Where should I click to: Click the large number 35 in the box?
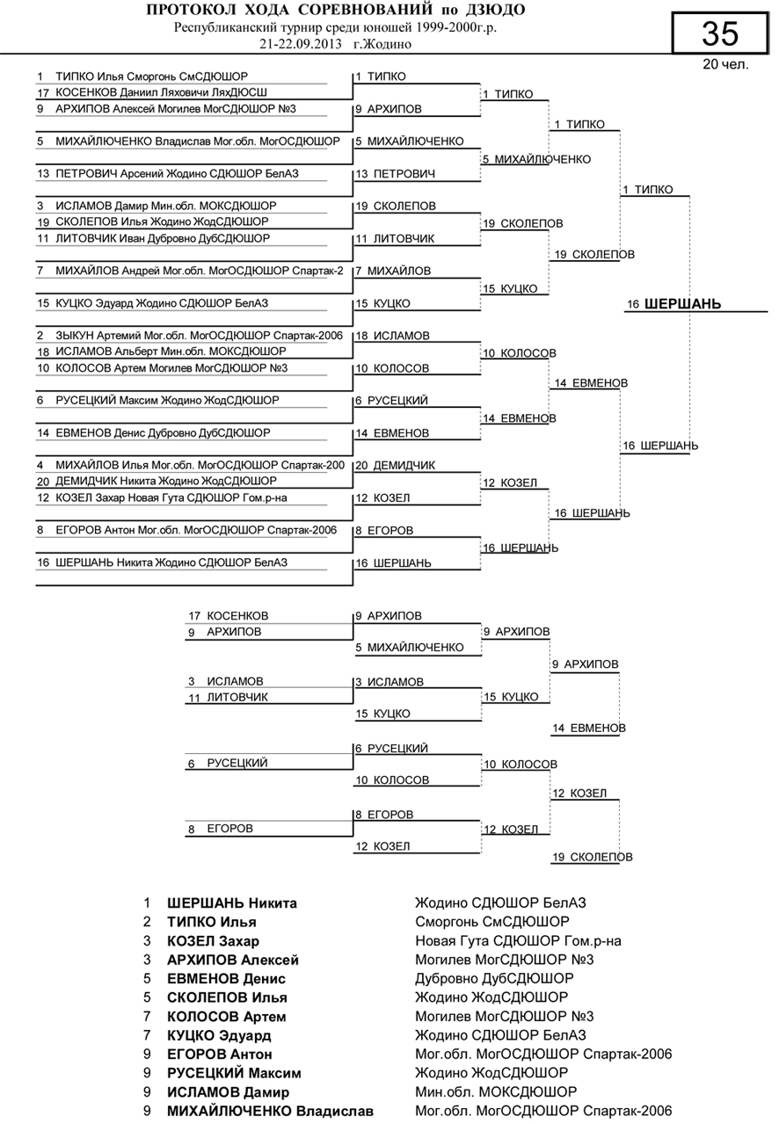coord(720,33)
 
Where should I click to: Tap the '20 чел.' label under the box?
coord(725,64)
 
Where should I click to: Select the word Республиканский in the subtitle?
coord(228,27)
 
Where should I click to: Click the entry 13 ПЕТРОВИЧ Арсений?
coord(167,174)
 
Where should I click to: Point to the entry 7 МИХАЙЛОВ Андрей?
coord(189,271)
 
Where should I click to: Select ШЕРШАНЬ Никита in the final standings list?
coord(231,903)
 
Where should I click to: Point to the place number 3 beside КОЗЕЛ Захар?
coord(149,941)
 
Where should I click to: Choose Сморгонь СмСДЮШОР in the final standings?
coord(491,922)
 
